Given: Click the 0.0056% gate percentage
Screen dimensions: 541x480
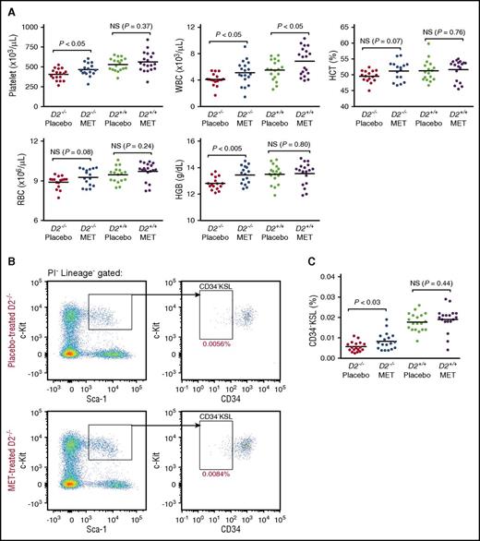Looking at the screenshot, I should [218, 369].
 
